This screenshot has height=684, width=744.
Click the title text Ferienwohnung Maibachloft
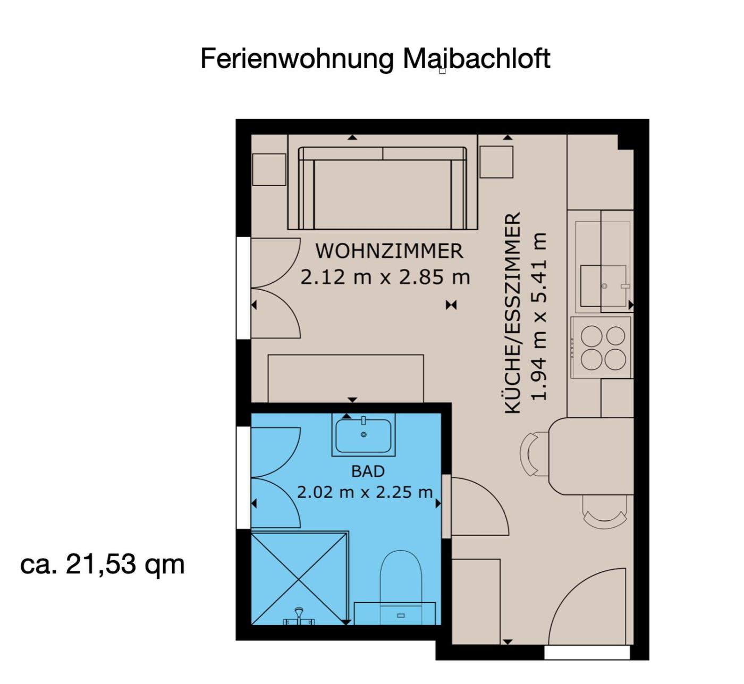point(375,58)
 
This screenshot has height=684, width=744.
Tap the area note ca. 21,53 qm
point(103,564)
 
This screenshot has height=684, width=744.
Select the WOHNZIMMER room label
point(389,251)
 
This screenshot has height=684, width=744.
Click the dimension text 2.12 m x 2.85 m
point(385,277)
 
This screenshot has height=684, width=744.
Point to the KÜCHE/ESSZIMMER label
point(513,313)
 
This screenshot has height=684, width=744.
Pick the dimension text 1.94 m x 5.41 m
point(539,316)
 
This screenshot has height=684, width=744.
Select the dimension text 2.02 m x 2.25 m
point(365,492)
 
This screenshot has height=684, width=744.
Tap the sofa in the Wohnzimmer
point(383,188)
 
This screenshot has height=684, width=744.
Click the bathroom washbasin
point(363,434)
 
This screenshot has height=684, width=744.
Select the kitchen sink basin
point(603,286)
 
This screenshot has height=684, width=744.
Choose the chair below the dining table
point(605,511)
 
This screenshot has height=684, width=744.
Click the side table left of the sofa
point(269,169)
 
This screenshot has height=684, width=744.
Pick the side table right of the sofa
point(496,162)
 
